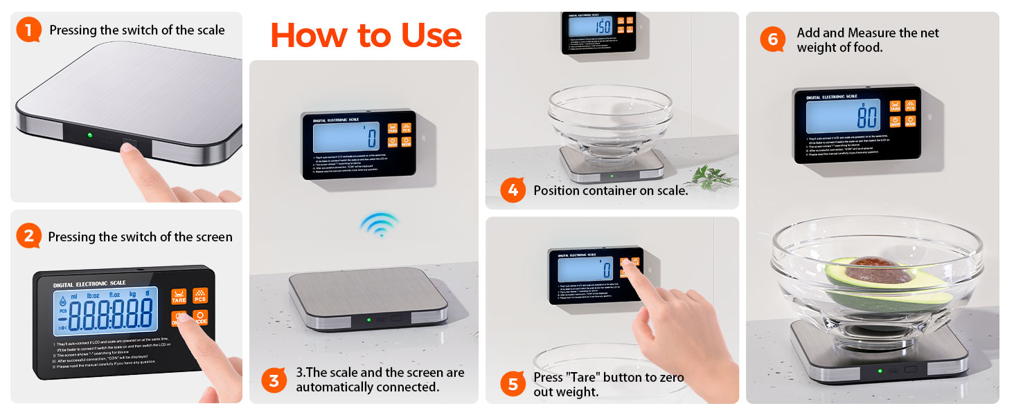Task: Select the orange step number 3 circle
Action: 274,380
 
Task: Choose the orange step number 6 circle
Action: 773,39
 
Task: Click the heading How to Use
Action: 366,35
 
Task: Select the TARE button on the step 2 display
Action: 179,296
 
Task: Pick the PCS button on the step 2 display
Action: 200,296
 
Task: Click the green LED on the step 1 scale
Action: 89,135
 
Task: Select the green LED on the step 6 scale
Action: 880,371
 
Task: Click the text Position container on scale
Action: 610,190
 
